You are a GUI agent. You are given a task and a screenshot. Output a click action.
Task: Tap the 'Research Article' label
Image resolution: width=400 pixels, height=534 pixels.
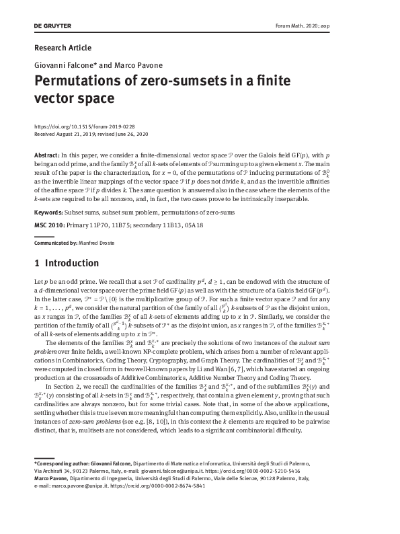(x=62, y=48)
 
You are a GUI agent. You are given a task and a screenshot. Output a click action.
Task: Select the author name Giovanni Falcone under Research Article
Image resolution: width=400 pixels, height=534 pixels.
(x=59, y=67)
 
